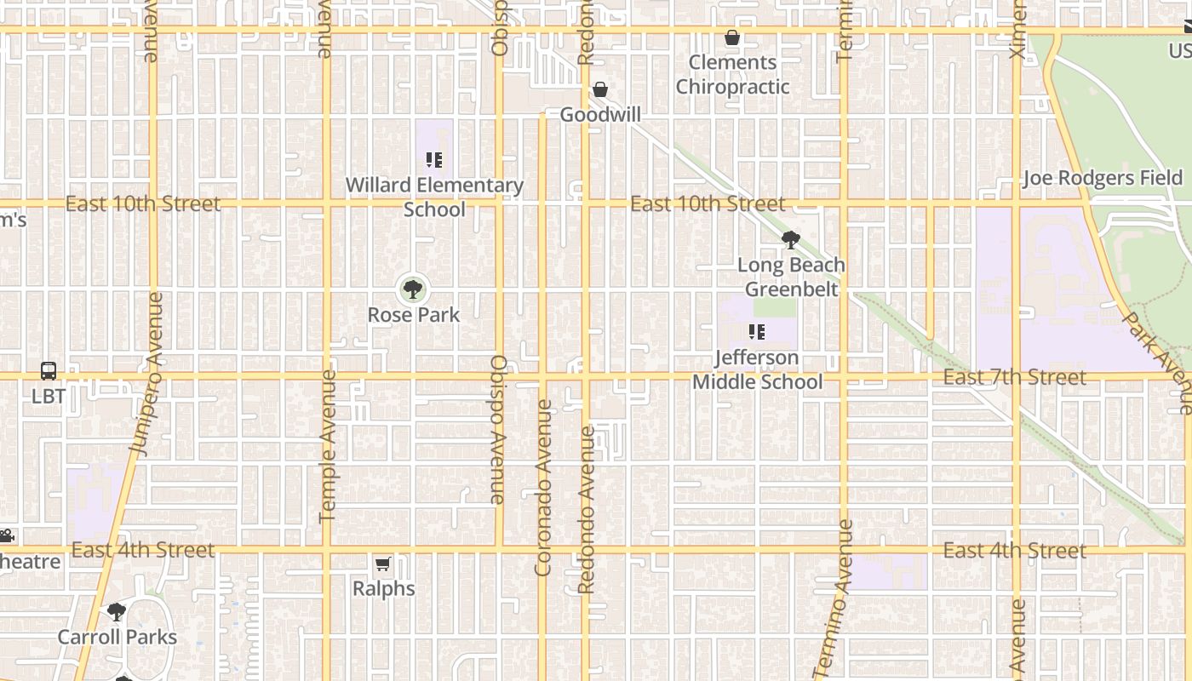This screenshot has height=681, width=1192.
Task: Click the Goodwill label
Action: click(x=600, y=115)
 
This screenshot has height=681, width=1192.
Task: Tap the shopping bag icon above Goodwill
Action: click(x=600, y=89)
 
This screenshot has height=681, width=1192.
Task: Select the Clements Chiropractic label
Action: click(x=732, y=75)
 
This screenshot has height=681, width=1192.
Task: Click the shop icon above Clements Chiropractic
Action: click(x=731, y=37)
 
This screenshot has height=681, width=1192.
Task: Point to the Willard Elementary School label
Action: click(x=434, y=197)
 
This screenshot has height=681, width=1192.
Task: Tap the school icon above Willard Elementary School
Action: click(x=434, y=159)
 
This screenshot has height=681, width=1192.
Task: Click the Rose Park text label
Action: click(x=413, y=315)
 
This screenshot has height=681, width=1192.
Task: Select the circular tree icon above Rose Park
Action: click(x=413, y=289)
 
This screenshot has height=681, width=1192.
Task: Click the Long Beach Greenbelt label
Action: click(x=791, y=277)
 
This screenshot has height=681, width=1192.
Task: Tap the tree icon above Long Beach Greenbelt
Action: click(x=791, y=239)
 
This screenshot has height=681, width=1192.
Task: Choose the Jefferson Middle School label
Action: click(x=757, y=369)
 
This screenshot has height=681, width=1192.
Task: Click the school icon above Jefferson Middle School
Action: click(x=757, y=331)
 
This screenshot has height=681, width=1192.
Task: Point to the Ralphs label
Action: click(x=383, y=588)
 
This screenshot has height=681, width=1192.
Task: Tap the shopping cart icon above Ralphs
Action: click(x=383, y=564)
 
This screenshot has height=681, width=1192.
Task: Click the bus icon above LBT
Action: click(x=49, y=371)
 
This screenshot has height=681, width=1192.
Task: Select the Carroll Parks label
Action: click(x=117, y=637)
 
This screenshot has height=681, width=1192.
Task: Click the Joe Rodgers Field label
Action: click(x=1103, y=178)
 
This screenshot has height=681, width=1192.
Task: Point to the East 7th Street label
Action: click(x=1014, y=377)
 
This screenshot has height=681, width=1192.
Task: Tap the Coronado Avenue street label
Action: click(x=543, y=487)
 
